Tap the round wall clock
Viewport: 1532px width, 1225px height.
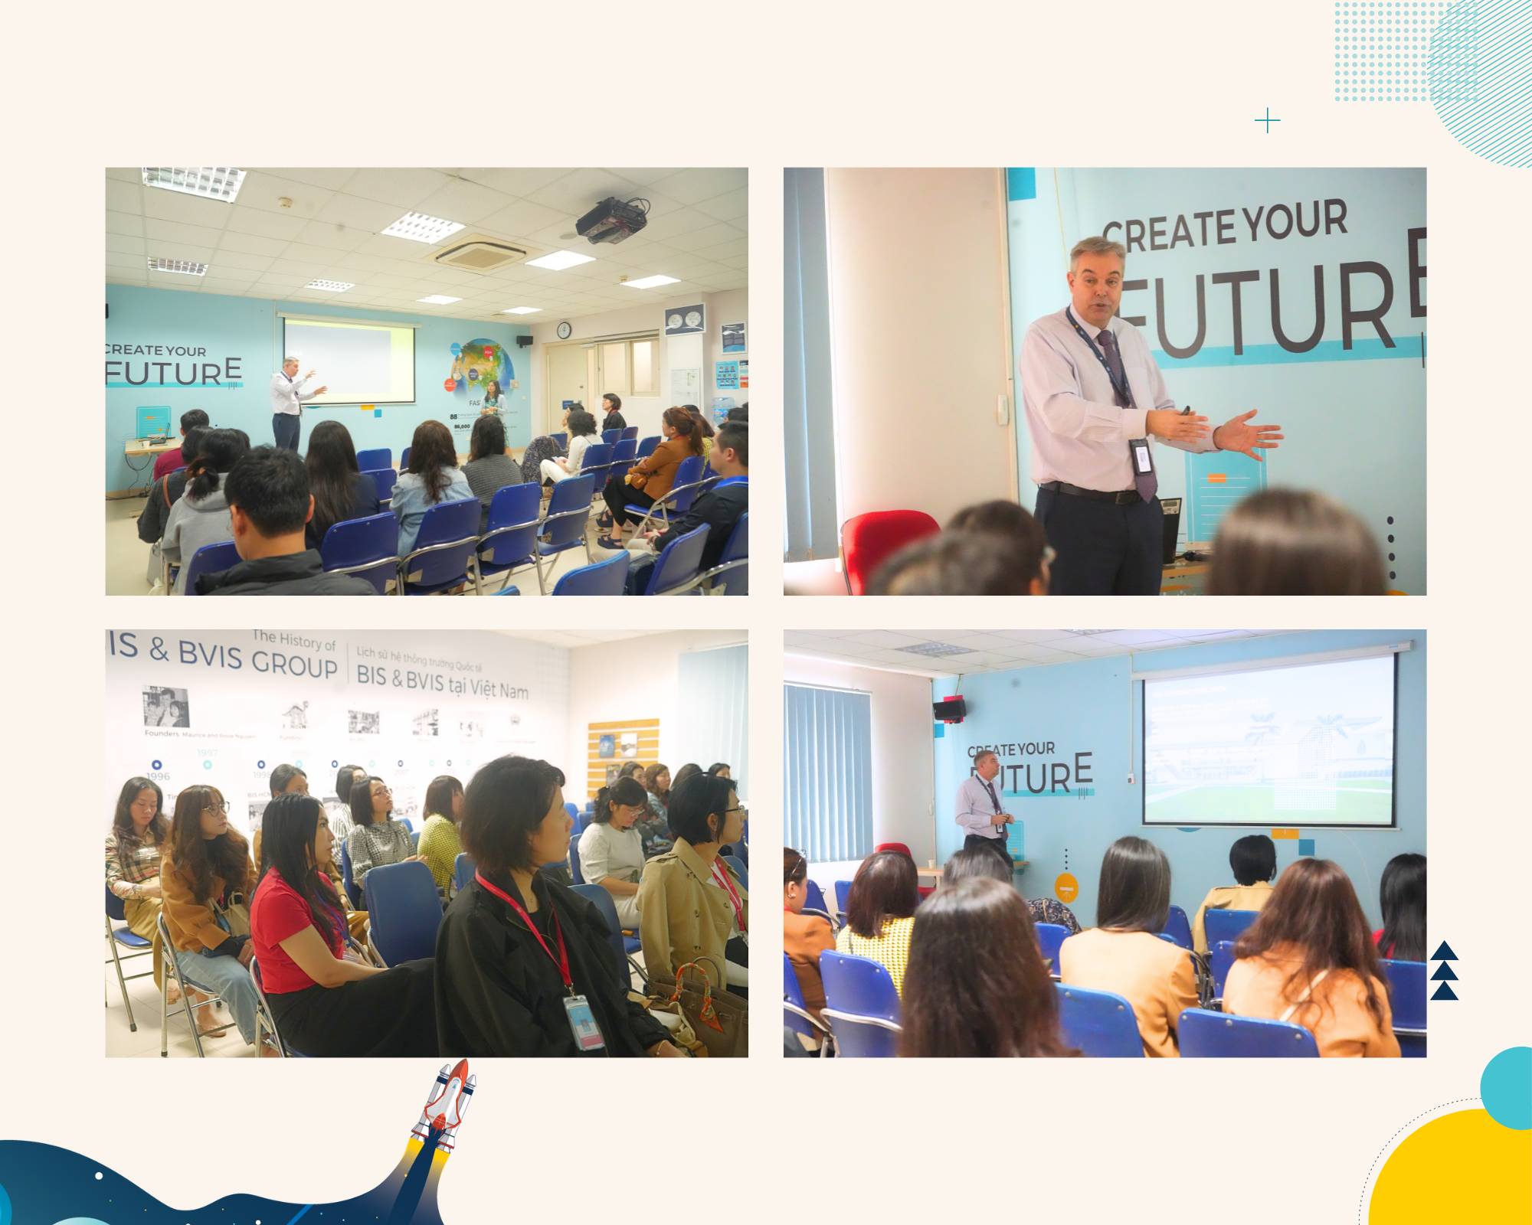click(564, 330)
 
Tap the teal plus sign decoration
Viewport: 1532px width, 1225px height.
click(1268, 121)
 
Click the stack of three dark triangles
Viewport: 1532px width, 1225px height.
click(1444, 971)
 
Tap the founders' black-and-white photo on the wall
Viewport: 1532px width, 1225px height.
click(165, 707)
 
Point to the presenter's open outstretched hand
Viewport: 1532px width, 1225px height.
click(1246, 435)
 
